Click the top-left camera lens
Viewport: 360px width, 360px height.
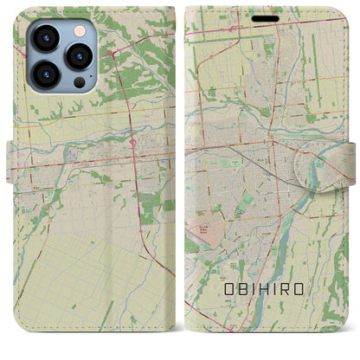[45, 39]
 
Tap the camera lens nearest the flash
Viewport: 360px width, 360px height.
[80, 56]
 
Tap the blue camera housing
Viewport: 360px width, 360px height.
[61, 56]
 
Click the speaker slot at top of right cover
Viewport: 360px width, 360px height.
[266, 17]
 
